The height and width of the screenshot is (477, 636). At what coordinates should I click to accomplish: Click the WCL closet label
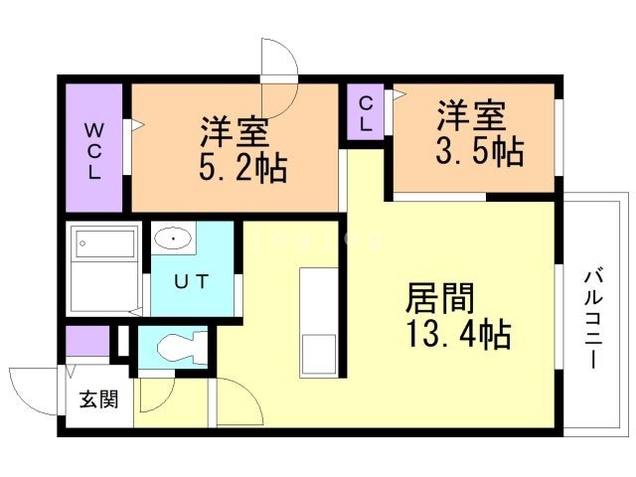click(x=94, y=149)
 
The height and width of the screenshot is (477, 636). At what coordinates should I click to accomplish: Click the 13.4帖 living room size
click(x=458, y=334)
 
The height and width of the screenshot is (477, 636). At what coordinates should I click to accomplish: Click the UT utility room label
click(x=192, y=281)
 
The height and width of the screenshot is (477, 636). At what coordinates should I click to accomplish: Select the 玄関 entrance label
click(x=98, y=400)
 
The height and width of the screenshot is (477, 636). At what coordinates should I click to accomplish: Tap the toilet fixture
click(x=180, y=348)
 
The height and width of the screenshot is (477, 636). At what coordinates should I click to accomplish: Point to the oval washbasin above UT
click(x=176, y=238)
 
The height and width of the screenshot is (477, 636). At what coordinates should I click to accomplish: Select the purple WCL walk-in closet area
click(x=94, y=149)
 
